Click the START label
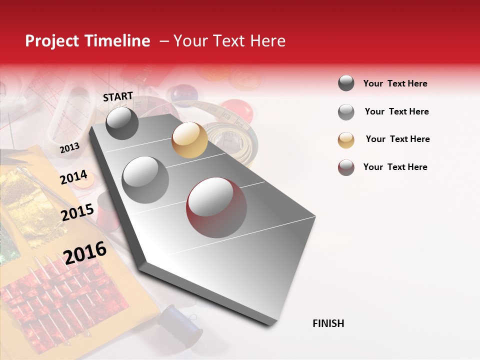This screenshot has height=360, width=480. (x=118, y=96)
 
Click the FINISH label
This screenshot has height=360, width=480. (x=328, y=323)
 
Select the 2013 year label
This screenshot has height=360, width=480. (x=69, y=148)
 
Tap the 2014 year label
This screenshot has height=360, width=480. (x=73, y=177)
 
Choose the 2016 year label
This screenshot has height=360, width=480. (x=85, y=253)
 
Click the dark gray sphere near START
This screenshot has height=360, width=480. (x=122, y=123)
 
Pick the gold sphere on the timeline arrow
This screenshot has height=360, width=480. (x=189, y=140)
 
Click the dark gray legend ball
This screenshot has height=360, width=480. (x=346, y=83)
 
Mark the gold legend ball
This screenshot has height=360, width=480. (x=346, y=139)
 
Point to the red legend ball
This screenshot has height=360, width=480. (x=346, y=167)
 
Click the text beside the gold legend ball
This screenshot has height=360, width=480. (x=397, y=139)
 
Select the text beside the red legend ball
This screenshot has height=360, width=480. (x=395, y=167)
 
